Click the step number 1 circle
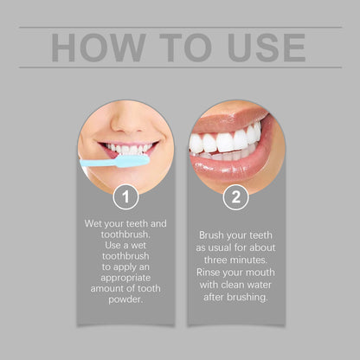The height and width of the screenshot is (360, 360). coord(125,196)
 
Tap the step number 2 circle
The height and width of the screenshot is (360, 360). coord(235,196)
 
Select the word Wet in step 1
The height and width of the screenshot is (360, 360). coord(95,223)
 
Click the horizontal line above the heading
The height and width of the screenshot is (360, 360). coord(180,27)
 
